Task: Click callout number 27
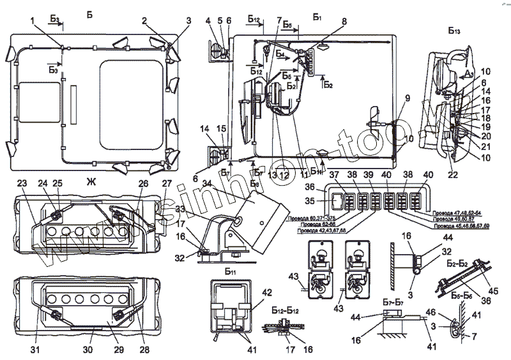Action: click(x=167, y=184)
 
